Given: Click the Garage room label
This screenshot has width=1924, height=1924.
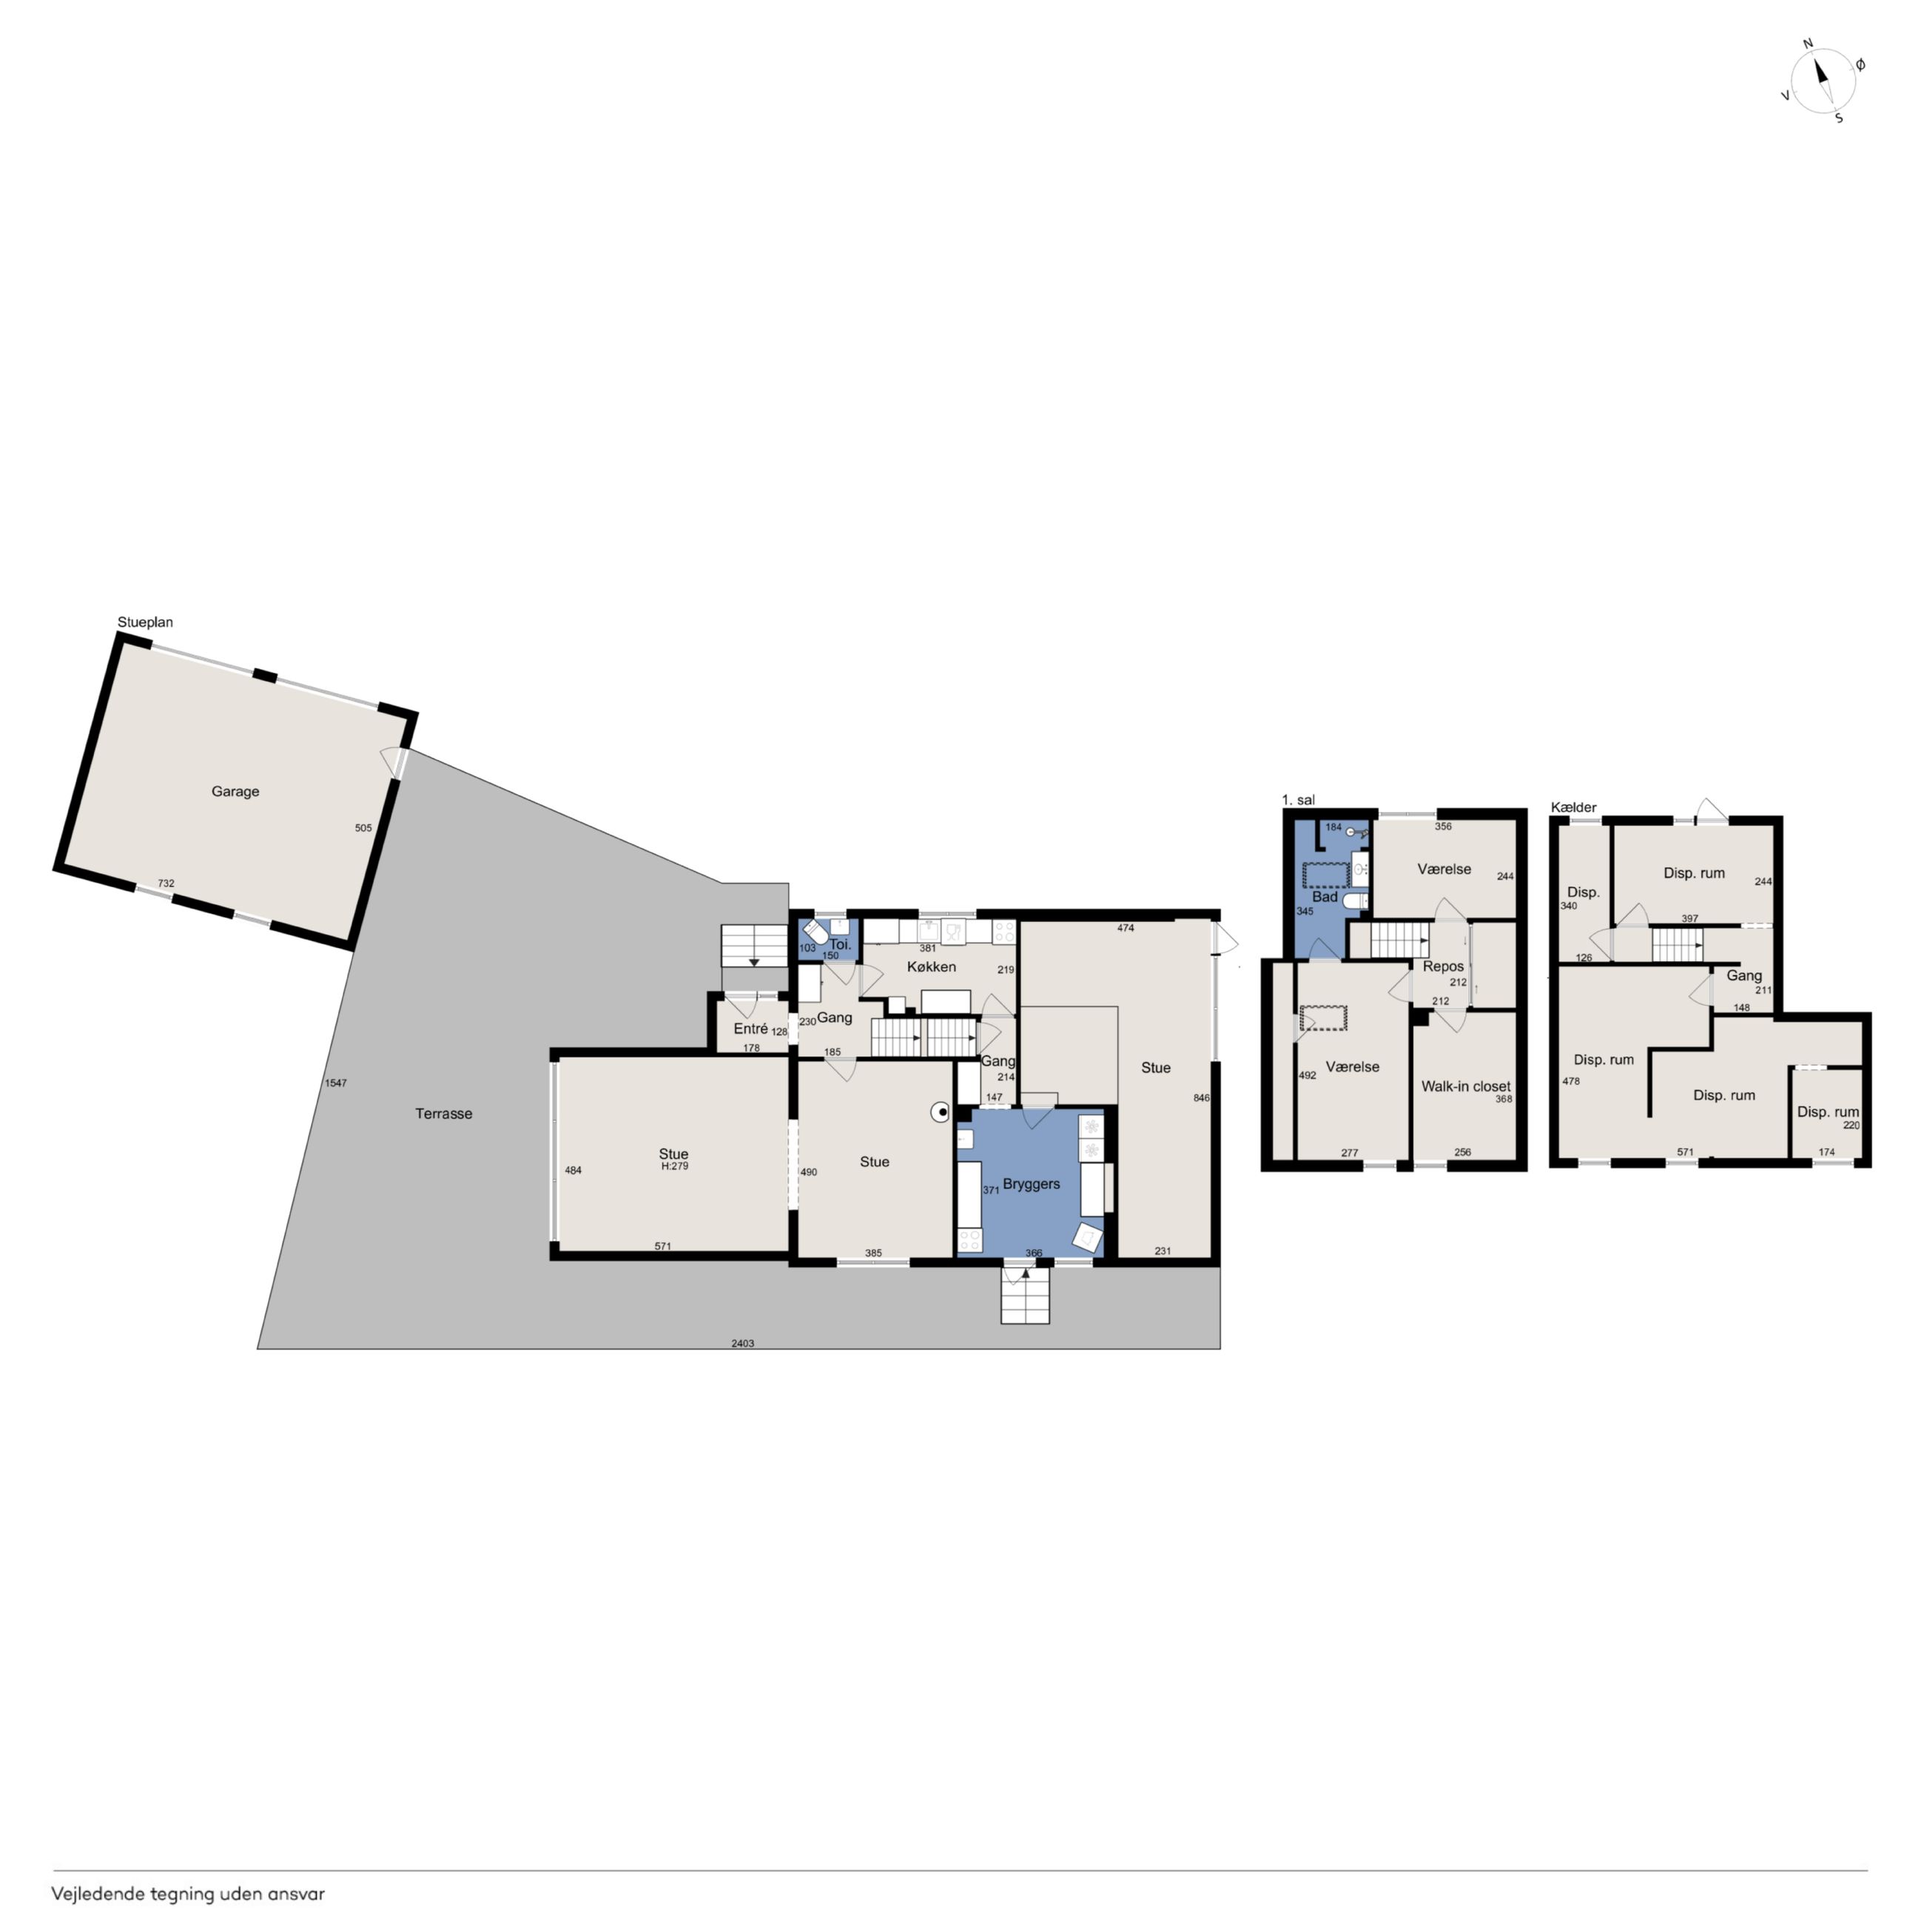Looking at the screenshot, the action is point(235,792).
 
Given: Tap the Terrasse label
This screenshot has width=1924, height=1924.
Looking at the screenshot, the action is point(444,1114).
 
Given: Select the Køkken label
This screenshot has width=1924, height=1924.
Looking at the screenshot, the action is point(931,967).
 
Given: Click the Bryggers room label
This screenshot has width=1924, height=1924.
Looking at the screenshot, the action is point(1031,1184).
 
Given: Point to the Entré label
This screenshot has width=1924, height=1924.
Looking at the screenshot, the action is point(751,1029).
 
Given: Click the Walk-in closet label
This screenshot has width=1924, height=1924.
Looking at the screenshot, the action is point(1466,1086).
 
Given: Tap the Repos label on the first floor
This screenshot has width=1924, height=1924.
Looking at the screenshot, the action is point(1443,967).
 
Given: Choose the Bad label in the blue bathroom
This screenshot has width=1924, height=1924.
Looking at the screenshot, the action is point(1325,898).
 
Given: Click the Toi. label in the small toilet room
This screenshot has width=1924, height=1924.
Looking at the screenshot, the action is point(841,944).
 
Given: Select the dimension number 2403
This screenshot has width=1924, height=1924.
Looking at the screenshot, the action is point(743,1343).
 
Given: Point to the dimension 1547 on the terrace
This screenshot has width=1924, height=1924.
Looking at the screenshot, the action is point(336,1083).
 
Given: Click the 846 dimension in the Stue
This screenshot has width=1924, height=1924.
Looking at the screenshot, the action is point(1201,1098).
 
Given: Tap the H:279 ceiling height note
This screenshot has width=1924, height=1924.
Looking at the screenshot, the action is point(674,1166).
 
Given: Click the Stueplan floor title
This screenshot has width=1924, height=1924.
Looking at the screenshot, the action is point(145,622).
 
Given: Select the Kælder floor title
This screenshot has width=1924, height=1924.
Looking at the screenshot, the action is point(1573,807).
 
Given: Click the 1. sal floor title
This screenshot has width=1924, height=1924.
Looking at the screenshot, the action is point(1298,800).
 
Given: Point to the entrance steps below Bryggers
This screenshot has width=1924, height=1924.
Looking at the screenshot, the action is point(1025,1296).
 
